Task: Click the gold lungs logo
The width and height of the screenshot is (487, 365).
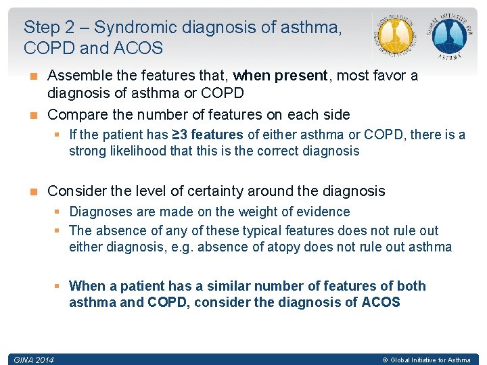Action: point(395,36)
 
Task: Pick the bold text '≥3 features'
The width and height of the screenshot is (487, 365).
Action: point(205,135)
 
